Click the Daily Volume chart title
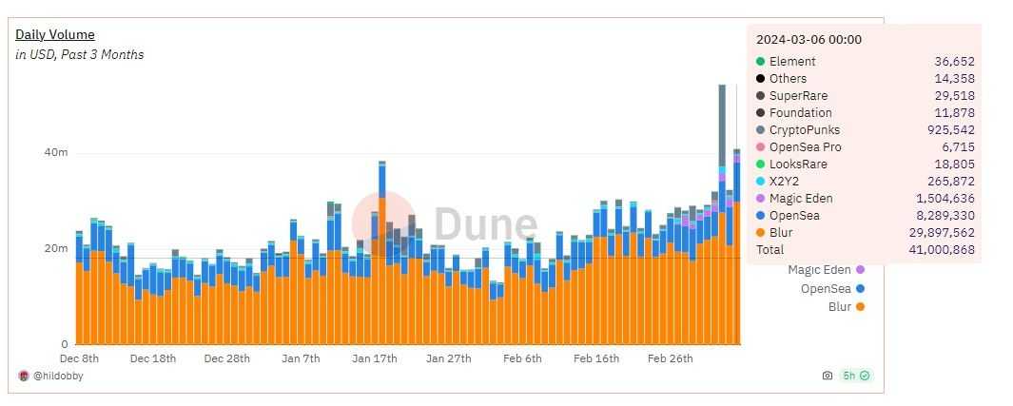54,35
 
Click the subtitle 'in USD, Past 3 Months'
79,55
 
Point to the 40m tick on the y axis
56,153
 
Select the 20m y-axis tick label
56,249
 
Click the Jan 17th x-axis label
374,359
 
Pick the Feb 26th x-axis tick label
670,359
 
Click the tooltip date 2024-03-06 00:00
808,40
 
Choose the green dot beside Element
761,62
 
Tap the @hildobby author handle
55,377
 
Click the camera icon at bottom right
827,377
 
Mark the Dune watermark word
485,225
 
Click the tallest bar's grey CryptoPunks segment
722,124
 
